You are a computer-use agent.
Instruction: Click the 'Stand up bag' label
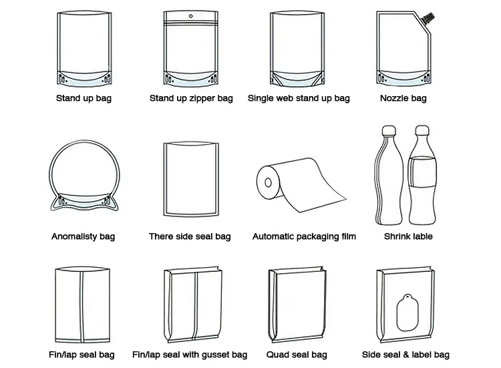point(83,98)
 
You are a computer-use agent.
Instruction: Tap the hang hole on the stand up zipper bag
point(190,13)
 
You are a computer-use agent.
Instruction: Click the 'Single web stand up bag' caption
point(299,98)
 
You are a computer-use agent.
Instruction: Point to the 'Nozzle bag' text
point(403,98)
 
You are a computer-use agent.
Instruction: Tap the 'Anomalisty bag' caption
point(83,236)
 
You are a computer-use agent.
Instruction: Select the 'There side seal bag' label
point(190,236)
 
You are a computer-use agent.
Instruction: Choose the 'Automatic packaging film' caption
point(304,236)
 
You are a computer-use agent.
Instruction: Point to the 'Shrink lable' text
point(408,236)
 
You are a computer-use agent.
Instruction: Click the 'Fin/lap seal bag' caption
point(81,354)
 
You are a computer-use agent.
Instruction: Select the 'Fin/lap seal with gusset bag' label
point(190,354)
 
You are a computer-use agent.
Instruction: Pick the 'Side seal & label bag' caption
point(405,354)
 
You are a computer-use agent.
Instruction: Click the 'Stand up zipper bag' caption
point(191,98)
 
